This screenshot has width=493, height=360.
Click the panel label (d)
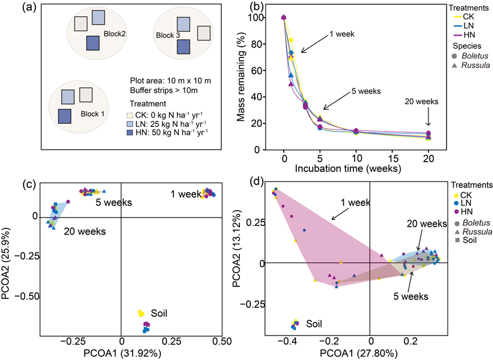pyautogui.click(x=254, y=182)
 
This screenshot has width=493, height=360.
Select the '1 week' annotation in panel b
pyautogui.click(x=343, y=34)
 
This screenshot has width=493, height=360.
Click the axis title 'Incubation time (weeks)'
pyautogui.click(x=356, y=169)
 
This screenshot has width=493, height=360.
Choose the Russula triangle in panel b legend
pyautogui.click(x=454, y=67)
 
